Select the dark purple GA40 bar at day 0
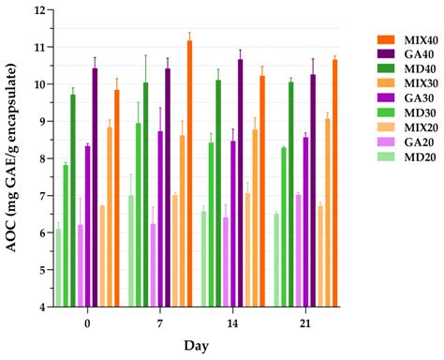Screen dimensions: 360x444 click(95, 187)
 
